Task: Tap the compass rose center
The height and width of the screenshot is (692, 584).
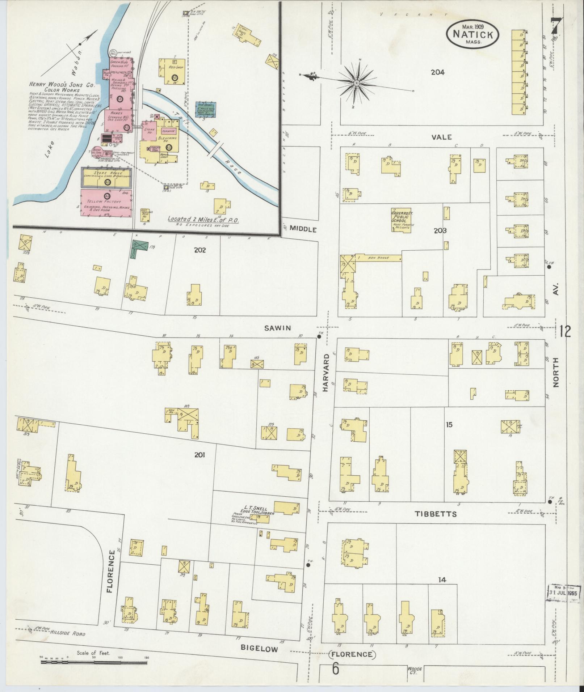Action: (x=357, y=83)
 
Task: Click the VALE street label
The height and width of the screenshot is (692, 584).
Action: (x=441, y=137)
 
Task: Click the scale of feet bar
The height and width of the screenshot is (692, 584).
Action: (x=94, y=662)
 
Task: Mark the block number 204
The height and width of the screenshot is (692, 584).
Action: (x=437, y=72)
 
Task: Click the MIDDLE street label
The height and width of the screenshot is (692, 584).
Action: (x=303, y=229)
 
